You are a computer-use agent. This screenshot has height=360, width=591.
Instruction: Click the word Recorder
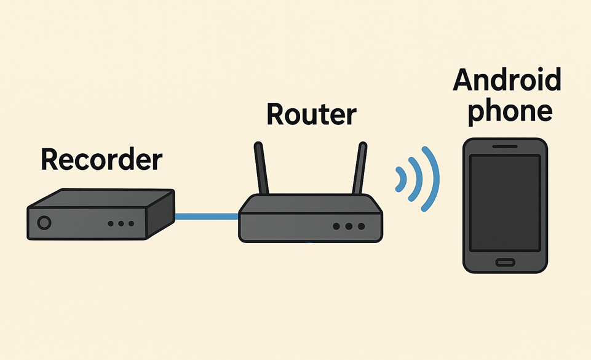(x=101, y=159)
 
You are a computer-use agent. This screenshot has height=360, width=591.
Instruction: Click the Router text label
(x=311, y=114)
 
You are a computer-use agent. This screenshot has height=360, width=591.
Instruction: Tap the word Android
(x=507, y=81)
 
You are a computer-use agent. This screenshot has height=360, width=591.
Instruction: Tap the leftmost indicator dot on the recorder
(x=111, y=223)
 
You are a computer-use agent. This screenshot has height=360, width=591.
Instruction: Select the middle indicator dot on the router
(x=349, y=226)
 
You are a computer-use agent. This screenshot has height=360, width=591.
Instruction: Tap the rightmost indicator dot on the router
(x=361, y=226)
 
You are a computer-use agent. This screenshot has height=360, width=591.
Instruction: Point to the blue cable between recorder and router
(x=206, y=216)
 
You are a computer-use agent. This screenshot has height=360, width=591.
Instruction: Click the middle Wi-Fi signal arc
(x=418, y=178)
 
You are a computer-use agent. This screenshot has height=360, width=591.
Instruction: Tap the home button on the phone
(x=505, y=262)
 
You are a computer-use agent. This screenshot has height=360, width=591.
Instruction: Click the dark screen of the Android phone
(x=505, y=202)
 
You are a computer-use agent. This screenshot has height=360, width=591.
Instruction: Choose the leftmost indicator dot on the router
(x=336, y=226)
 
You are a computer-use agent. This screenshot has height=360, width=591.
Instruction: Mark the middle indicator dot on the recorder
(x=121, y=223)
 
